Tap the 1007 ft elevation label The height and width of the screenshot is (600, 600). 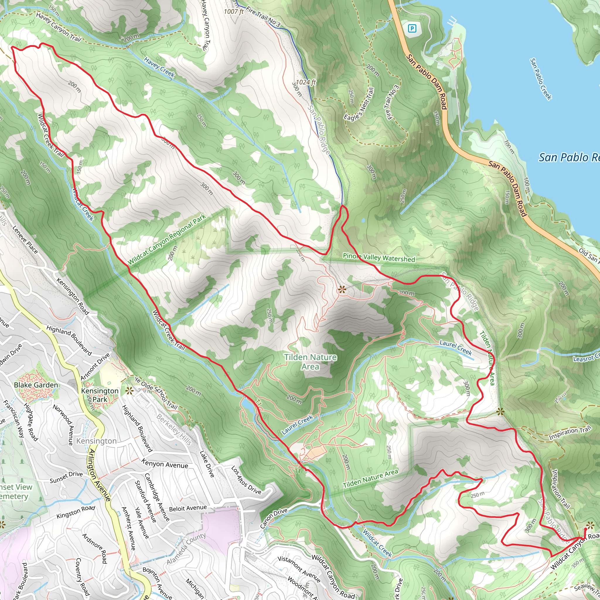tap(233, 12)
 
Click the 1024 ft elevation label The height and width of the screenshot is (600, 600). tap(306, 82)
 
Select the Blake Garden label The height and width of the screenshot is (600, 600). tap(36, 385)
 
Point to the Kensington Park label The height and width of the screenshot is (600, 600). tap(100, 395)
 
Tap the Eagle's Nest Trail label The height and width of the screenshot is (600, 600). tap(359, 104)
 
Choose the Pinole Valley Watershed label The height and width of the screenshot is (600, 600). tap(379, 258)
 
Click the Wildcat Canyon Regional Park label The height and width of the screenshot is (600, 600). tap(167, 239)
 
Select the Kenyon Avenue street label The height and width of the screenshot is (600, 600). tap(165, 464)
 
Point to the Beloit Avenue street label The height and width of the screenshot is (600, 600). tap(187, 508)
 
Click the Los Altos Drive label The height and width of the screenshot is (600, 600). tap(246, 480)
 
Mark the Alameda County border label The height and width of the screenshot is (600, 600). tap(186, 549)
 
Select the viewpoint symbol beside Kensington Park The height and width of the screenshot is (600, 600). tap(129, 391)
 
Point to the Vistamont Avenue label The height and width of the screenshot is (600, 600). tap(299, 567)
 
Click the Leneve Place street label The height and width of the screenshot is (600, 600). tap(25, 239)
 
